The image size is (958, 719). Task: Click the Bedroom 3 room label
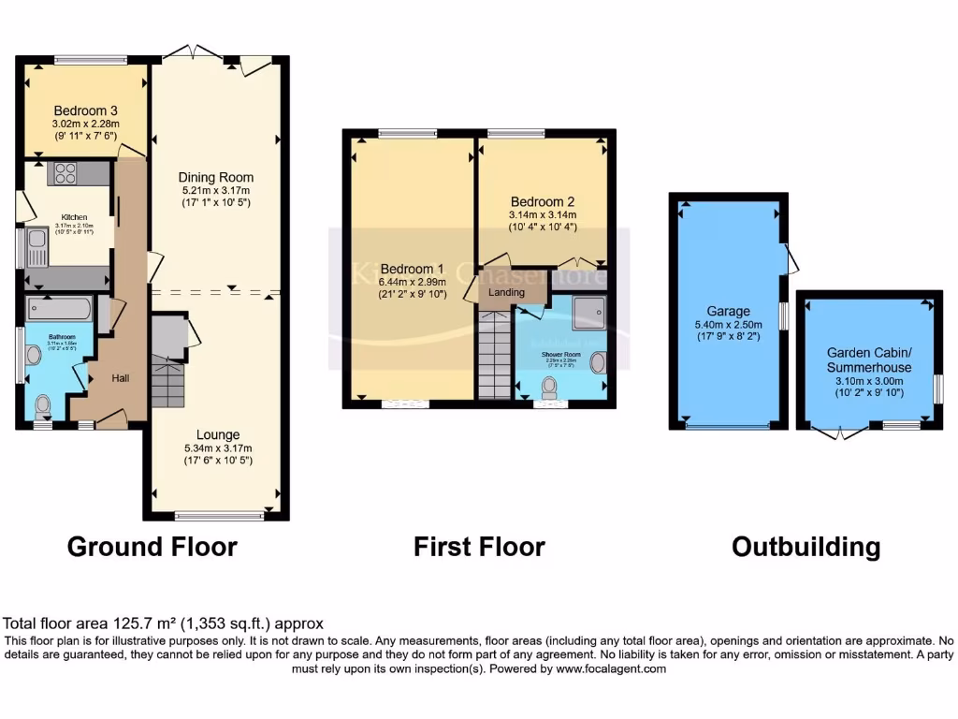click(84, 109)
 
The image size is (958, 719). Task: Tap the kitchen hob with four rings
click(65, 173)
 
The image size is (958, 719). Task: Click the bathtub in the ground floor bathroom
click(59, 309)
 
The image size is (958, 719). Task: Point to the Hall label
click(121, 377)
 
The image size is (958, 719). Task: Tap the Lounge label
click(218, 434)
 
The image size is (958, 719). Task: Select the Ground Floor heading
click(152, 547)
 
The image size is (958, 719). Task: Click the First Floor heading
click(479, 547)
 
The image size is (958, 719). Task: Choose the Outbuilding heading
click(806, 547)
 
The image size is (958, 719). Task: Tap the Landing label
click(506, 293)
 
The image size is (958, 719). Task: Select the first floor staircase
click(494, 356)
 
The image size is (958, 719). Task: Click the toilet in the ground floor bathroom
click(43, 405)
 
